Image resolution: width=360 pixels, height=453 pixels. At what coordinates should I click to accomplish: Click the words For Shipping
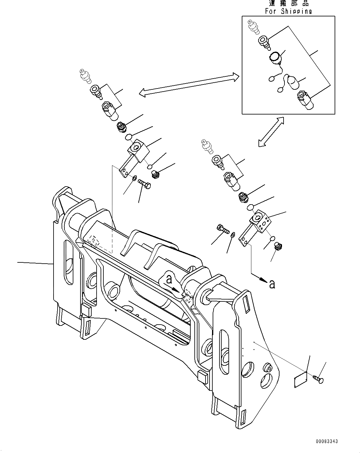[288, 11]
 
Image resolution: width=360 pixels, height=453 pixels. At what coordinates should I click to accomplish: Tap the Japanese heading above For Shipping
[288, 3]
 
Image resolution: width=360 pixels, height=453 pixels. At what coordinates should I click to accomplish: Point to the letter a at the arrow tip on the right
[272, 284]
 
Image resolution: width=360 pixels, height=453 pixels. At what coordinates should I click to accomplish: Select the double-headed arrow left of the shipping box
[189, 85]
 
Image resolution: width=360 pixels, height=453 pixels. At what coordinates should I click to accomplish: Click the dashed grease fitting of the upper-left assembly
[84, 76]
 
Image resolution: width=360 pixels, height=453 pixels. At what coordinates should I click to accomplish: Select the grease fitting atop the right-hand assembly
[207, 146]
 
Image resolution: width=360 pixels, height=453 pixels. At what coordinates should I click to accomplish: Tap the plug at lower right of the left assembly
[156, 174]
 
